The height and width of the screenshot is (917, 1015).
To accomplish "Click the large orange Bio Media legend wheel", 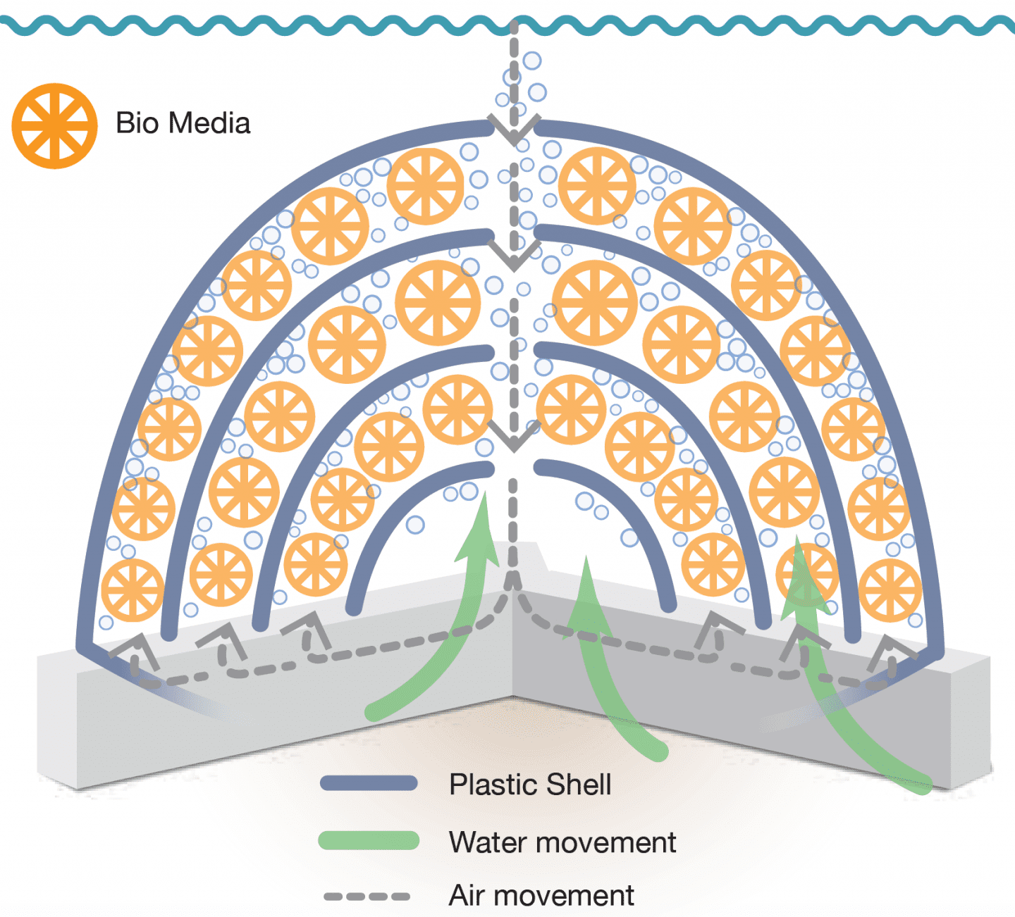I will tap(54, 126).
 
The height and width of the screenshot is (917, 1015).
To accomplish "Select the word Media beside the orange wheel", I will tap(211, 123).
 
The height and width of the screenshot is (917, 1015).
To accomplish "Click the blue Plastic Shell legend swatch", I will tap(369, 783).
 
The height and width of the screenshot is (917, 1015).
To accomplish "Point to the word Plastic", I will tap(493, 785).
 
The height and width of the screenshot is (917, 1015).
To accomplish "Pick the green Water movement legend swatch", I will tap(369, 840).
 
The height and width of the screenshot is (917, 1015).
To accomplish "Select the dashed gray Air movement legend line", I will tap(367, 897).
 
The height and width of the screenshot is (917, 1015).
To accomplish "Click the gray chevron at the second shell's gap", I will tap(514, 255).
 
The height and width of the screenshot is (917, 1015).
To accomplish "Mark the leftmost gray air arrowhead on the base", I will tap(134, 647).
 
